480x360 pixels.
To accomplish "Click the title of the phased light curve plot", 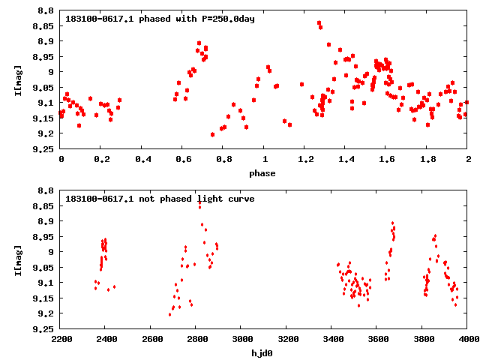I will [160, 19].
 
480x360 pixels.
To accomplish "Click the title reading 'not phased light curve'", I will [160, 199].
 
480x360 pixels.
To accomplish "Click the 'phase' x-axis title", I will [263, 173].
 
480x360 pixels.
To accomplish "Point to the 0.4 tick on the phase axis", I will [142, 159].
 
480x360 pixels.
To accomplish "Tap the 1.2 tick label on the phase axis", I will [305, 159].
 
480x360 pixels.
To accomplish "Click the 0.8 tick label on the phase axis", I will [223, 159].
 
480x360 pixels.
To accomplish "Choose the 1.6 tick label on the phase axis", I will [386, 159].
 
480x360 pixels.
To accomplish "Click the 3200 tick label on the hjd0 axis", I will [286, 338].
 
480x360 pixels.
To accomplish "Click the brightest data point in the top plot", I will [319, 23].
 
